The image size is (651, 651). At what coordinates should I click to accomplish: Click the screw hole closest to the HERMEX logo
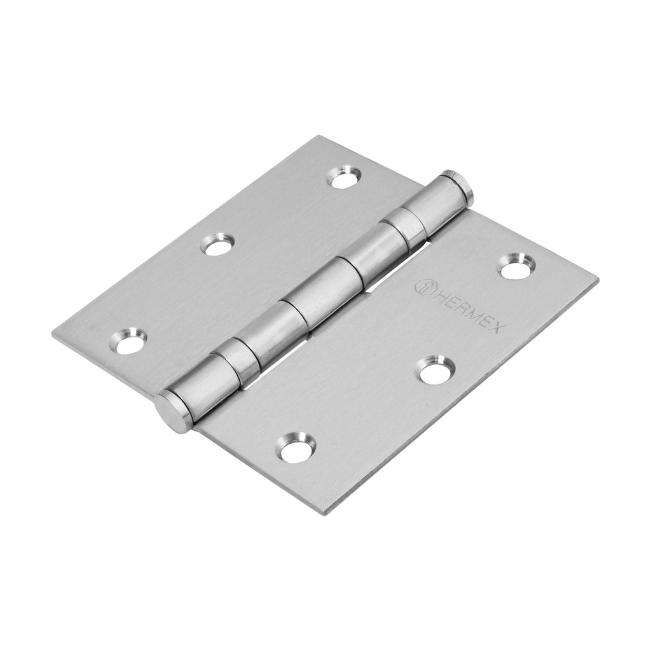tap(516, 266)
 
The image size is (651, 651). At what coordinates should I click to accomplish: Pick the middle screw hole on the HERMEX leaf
tap(436, 370)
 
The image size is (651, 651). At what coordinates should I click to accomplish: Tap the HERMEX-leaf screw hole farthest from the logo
tap(296, 448)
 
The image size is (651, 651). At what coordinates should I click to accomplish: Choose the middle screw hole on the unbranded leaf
tap(217, 245)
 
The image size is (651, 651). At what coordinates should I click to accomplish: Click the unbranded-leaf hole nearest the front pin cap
tap(128, 341)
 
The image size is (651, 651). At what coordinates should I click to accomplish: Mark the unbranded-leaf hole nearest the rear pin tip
tap(344, 177)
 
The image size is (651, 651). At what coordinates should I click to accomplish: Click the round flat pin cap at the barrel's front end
tap(173, 411)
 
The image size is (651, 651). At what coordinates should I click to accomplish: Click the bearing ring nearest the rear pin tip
tap(404, 226)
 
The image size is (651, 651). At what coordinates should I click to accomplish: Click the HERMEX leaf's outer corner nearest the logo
tap(597, 280)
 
